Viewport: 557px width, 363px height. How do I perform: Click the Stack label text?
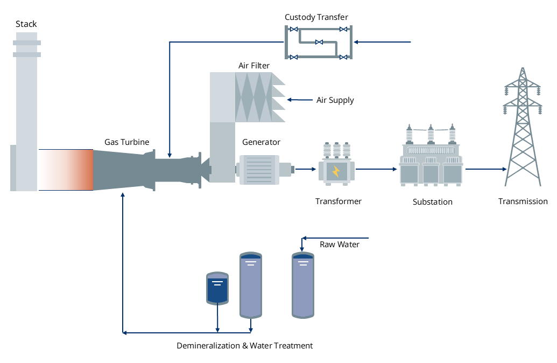click(26, 24)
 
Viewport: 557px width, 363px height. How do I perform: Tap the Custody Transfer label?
click(316, 17)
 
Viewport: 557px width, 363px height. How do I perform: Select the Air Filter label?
click(254, 66)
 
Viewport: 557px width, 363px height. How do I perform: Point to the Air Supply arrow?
click(299, 100)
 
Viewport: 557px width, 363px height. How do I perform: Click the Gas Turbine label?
click(126, 142)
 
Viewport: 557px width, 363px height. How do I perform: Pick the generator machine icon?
click(258, 169)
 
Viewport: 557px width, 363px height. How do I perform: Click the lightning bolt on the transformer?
click(336, 172)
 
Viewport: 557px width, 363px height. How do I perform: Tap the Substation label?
click(432, 202)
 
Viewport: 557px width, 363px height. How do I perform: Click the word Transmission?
click(523, 201)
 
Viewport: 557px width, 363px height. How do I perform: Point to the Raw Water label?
click(340, 245)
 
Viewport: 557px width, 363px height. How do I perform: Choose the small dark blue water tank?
click(217, 288)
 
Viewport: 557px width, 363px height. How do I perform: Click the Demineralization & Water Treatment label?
click(244, 346)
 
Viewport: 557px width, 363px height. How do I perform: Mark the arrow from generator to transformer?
click(306, 169)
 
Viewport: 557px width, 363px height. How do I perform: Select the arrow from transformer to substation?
click(376, 169)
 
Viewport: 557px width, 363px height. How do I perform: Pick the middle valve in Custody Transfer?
click(319, 42)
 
